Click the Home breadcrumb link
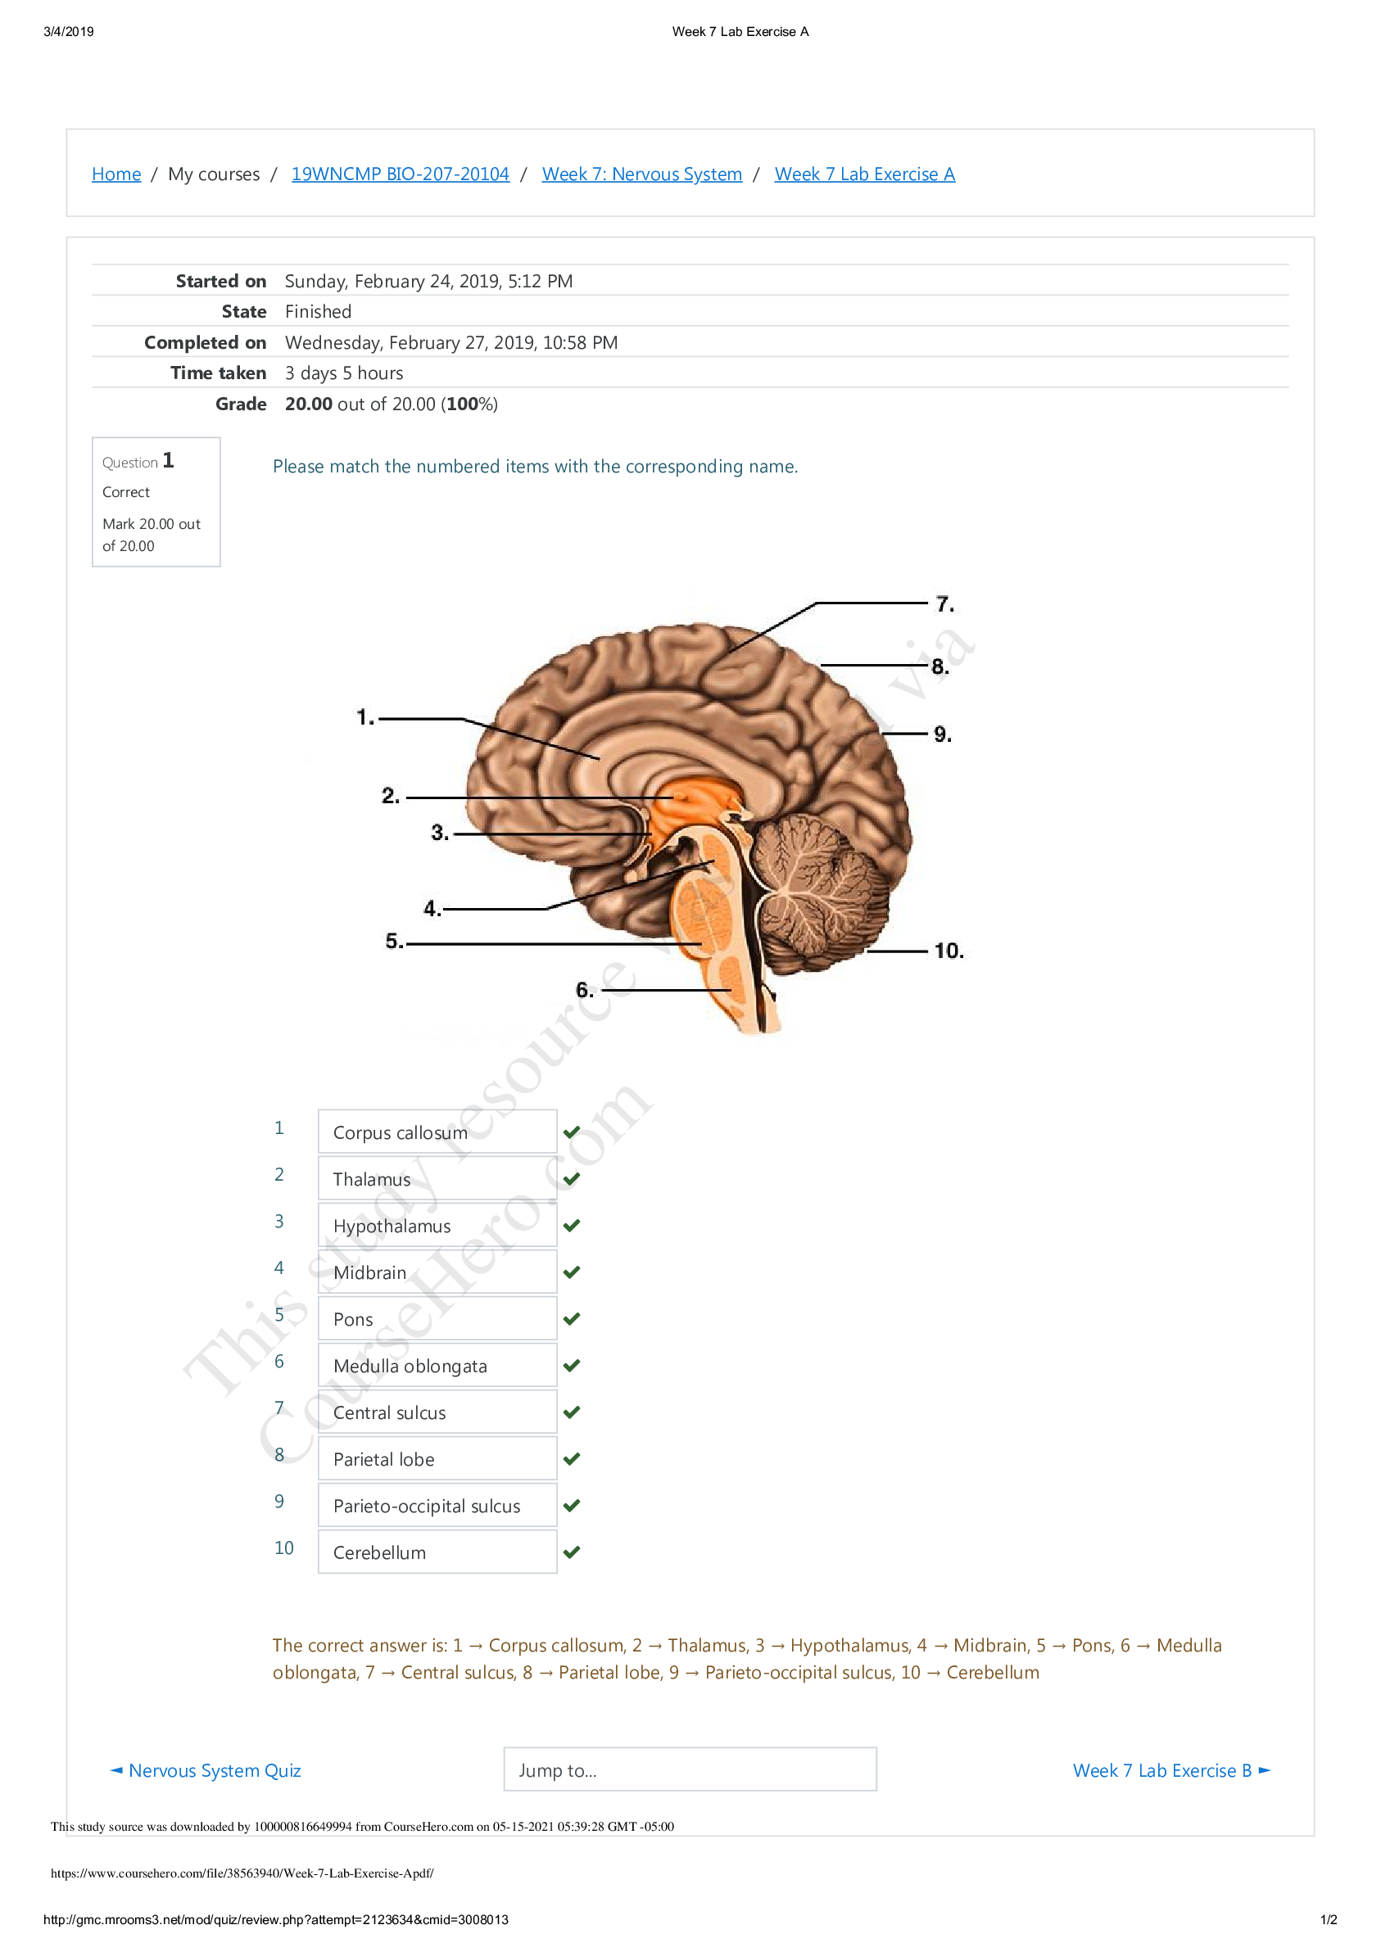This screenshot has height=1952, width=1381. tap(116, 174)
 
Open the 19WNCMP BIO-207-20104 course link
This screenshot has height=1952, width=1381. tap(400, 174)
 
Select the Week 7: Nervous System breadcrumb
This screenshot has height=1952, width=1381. tap(641, 174)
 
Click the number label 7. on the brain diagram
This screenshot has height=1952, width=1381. tap(944, 604)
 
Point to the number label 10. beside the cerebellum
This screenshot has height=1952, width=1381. tap(949, 951)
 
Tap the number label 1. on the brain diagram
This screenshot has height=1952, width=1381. tap(364, 717)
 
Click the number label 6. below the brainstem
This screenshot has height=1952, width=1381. tap(584, 990)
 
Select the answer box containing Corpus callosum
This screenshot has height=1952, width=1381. tap(437, 1132)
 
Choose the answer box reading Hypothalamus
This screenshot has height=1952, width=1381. tap(437, 1226)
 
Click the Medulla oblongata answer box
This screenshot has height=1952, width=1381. tap(437, 1367)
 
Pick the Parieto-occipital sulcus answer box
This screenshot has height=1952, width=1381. tap(437, 1506)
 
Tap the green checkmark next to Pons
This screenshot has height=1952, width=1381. tap(572, 1318)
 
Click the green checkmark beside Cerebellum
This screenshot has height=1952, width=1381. tap(572, 1552)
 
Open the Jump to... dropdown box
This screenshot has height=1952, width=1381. tap(690, 1770)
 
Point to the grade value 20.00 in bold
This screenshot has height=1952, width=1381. tap(309, 404)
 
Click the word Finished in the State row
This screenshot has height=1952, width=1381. tap(318, 312)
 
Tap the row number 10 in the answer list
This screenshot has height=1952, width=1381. tap(284, 1548)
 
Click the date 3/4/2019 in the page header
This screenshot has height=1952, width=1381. tap(69, 32)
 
